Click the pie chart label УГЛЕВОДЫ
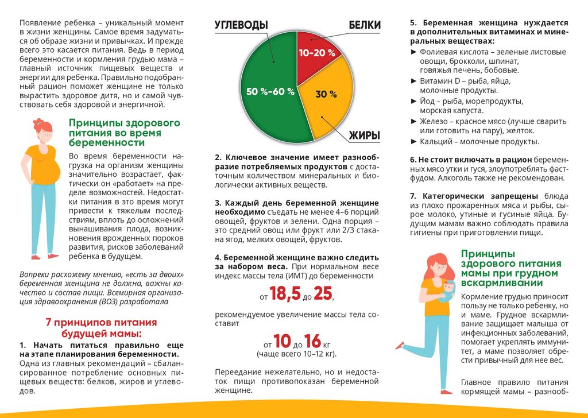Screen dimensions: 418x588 [241, 25]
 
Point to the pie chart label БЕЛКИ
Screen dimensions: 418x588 [365, 25]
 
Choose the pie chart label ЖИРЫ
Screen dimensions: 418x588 [365, 136]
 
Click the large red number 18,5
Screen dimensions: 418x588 [285, 295]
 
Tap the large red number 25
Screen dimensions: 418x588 [323, 295]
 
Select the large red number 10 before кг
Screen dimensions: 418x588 [282, 341]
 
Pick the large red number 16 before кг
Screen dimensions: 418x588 [313, 341]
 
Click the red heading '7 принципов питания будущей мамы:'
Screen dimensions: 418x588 [101, 328]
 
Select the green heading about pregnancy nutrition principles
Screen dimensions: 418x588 [124, 133]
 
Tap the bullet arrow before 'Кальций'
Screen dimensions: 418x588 [414, 141]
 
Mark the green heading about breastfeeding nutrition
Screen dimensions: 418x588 [503, 268]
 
